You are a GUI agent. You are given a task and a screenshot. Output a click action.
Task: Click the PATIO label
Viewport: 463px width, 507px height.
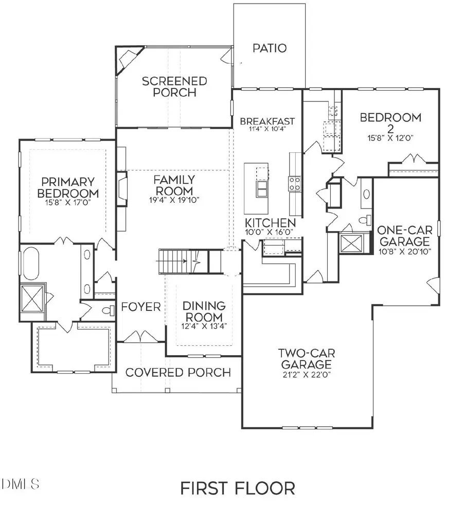[270, 48]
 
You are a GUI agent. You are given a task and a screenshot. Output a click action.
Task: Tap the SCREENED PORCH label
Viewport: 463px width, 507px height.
[167, 87]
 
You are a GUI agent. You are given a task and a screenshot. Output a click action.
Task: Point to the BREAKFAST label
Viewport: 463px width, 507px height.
[268, 121]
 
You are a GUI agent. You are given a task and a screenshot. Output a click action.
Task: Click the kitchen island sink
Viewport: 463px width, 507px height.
[261, 189]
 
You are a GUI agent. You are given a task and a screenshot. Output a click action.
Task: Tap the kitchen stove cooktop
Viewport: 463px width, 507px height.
[295, 184]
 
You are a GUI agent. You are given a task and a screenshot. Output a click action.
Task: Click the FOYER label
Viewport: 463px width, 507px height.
[141, 307]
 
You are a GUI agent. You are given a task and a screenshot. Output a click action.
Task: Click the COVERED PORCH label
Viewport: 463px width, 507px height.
[178, 372]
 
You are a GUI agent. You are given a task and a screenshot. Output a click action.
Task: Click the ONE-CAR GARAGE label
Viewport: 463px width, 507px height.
[403, 236]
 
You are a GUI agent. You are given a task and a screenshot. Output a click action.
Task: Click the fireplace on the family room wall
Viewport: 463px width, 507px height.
[121, 189]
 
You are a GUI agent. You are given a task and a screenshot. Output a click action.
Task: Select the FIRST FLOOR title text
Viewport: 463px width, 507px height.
[237, 487]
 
